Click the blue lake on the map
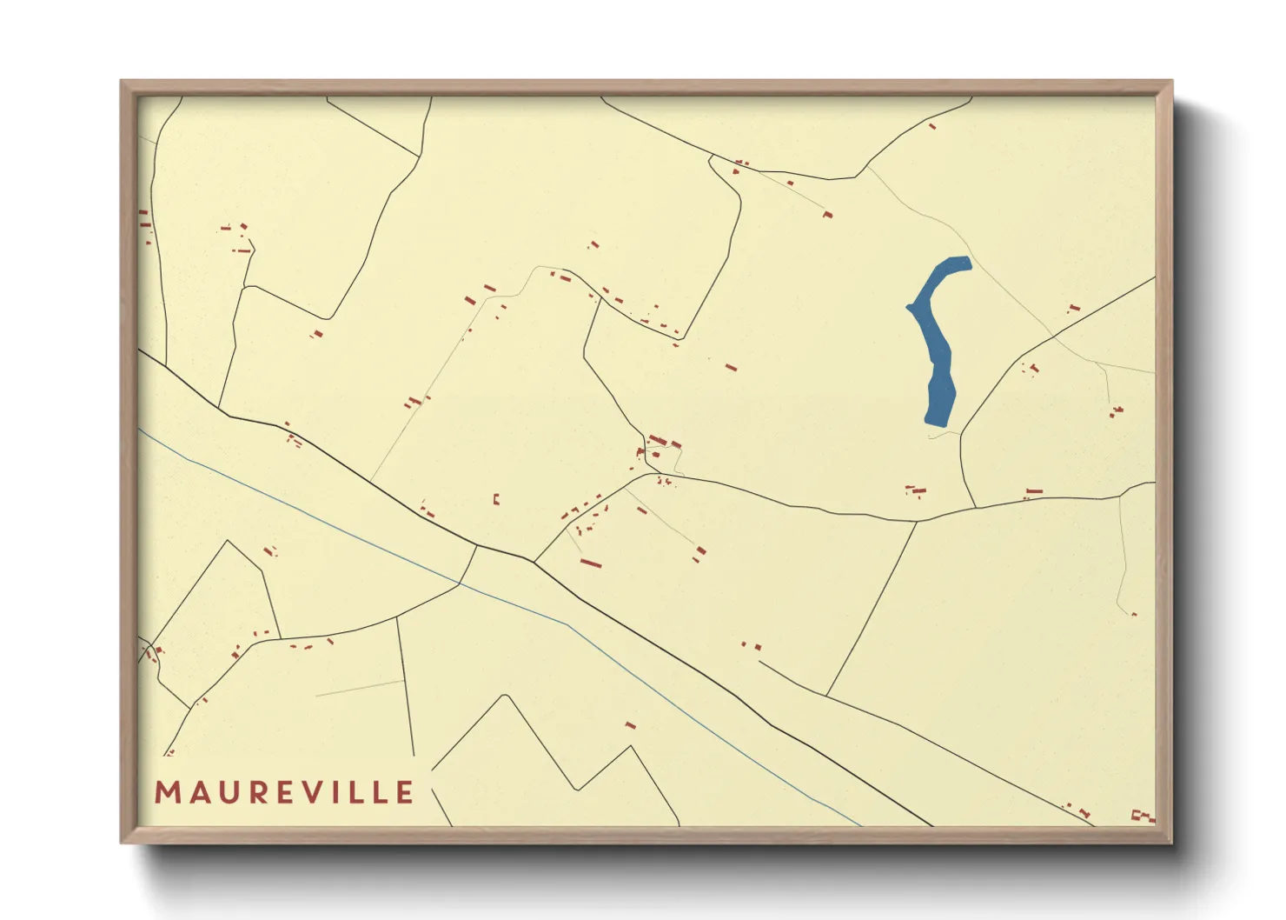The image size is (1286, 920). [938, 348]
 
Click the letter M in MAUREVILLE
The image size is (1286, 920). [167, 793]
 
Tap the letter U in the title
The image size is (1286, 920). [227, 793]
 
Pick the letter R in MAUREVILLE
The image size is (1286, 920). [255, 793]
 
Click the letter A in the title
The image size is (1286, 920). [197, 793]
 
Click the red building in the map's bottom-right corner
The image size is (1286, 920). [1142, 816]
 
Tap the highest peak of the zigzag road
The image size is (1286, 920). [506, 696]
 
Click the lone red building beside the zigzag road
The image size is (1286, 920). [631, 725]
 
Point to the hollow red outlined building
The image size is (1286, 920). [496, 499]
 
